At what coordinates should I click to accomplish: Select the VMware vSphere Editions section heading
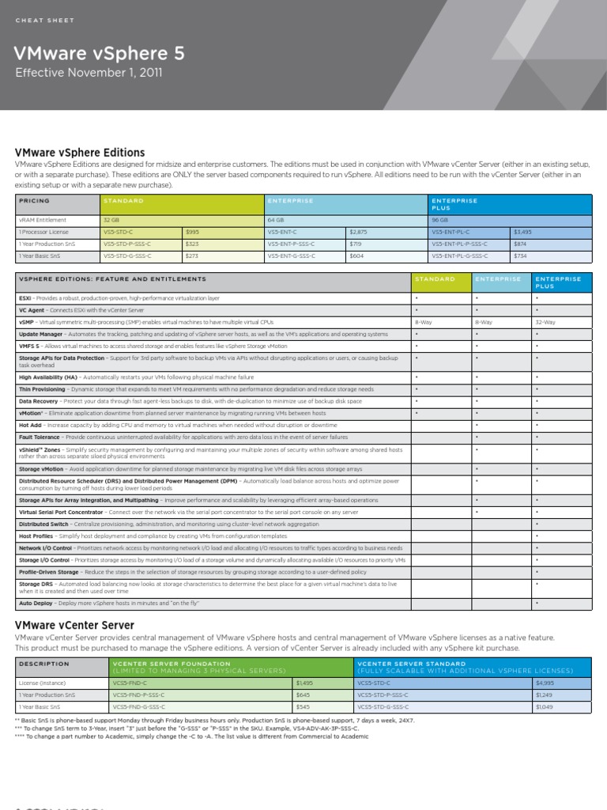pos(80,152)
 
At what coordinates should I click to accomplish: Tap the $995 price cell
pos(192,232)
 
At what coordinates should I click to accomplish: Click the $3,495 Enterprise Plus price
pos(522,232)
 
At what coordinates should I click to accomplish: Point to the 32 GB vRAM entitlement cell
pos(111,220)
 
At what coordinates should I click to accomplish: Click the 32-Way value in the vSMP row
pos(545,323)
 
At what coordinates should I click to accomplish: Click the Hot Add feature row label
pos(30,425)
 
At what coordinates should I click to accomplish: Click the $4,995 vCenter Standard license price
pos(545,682)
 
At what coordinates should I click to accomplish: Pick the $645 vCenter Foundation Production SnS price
pos(303,694)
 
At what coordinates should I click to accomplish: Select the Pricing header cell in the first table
pos(34,201)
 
